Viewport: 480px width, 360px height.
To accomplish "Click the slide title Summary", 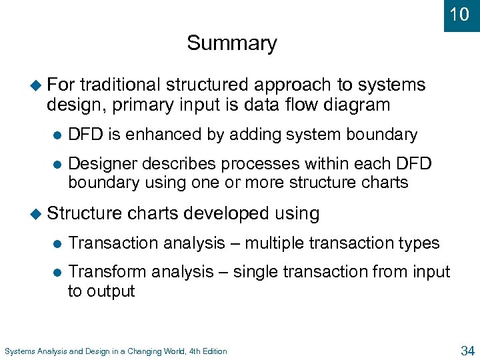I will pyautogui.click(x=231, y=43).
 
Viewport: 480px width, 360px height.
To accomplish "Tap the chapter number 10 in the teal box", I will pyautogui.click(x=459, y=14).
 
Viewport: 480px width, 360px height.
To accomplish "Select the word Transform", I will pyautogui.click(x=108, y=272).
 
